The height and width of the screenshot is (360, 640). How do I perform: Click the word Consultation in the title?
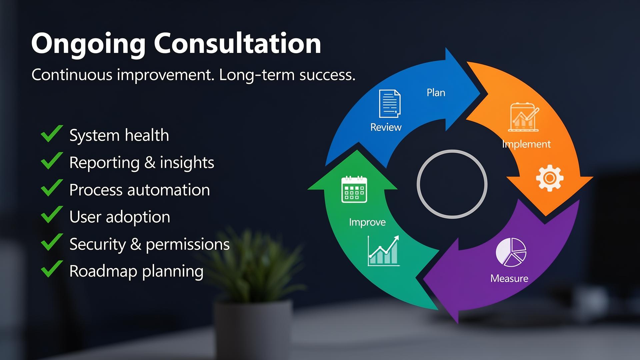(x=237, y=43)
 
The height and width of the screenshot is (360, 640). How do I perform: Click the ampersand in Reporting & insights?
(x=150, y=163)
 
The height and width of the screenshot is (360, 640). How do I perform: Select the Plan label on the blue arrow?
(x=436, y=93)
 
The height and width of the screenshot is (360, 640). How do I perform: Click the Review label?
(x=386, y=127)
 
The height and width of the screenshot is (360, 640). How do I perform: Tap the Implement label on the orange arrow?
(x=526, y=144)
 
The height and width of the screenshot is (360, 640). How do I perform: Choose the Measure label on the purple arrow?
(x=509, y=278)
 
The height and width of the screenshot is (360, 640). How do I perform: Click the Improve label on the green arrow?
(x=367, y=222)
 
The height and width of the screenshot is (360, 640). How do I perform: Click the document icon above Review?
(x=390, y=103)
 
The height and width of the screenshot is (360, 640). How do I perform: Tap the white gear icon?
(x=550, y=178)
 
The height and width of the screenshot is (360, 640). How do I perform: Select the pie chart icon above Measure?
(x=511, y=252)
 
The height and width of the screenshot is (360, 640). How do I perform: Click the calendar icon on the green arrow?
(x=354, y=189)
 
